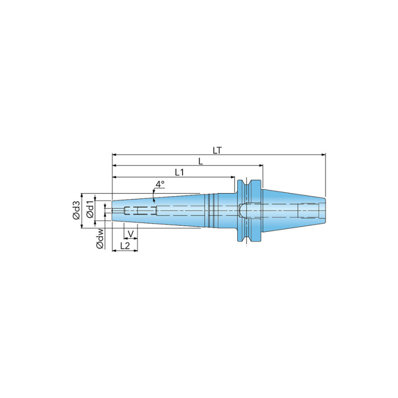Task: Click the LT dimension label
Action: [217, 150]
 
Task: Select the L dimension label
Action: [200, 161]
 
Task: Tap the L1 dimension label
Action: [180, 172]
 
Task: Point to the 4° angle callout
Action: [160, 184]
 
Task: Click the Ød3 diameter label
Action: [76, 210]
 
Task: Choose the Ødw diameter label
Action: [100, 238]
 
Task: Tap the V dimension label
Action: [130, 234]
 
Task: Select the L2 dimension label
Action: [125, 245]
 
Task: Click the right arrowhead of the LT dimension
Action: [324, 155]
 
